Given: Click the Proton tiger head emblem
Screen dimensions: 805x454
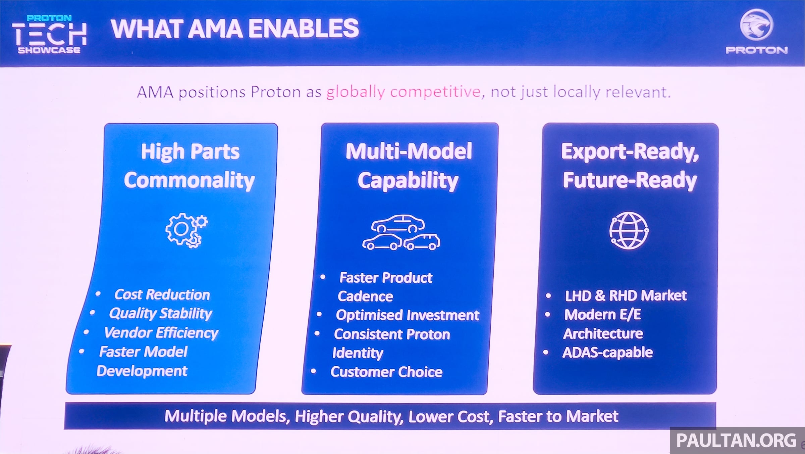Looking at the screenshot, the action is tap(756, 25).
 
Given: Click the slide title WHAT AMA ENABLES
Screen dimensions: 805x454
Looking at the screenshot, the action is tap(235, 29).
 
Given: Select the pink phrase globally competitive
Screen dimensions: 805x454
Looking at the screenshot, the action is tap(404, 92).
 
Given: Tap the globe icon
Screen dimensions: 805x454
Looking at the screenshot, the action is tap(629, 230).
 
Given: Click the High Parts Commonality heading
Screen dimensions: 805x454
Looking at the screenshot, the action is tap(190, 166).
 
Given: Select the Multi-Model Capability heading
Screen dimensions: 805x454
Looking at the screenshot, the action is tap(409, 166).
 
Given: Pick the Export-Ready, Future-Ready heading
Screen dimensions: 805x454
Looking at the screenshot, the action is tap(630, 166).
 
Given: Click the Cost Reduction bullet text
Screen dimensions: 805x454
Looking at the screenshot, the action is tap(162, 294).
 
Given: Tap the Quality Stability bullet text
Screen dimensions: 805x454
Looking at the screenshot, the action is tap(160, 314).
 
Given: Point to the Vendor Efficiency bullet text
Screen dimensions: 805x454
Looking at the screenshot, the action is tap(161, 333).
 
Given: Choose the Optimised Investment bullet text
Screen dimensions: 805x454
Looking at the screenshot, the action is tap(408, 315).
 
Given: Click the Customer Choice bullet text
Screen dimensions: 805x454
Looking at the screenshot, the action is tap(386, 372).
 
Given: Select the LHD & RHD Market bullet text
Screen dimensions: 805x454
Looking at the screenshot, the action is tap(626, 296).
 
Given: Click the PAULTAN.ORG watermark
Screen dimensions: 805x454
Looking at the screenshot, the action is tap(737, 440).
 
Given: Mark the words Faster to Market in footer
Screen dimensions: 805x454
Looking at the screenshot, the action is tap(558, 416).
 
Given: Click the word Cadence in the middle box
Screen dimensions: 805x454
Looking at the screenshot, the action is tap(365, 297).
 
